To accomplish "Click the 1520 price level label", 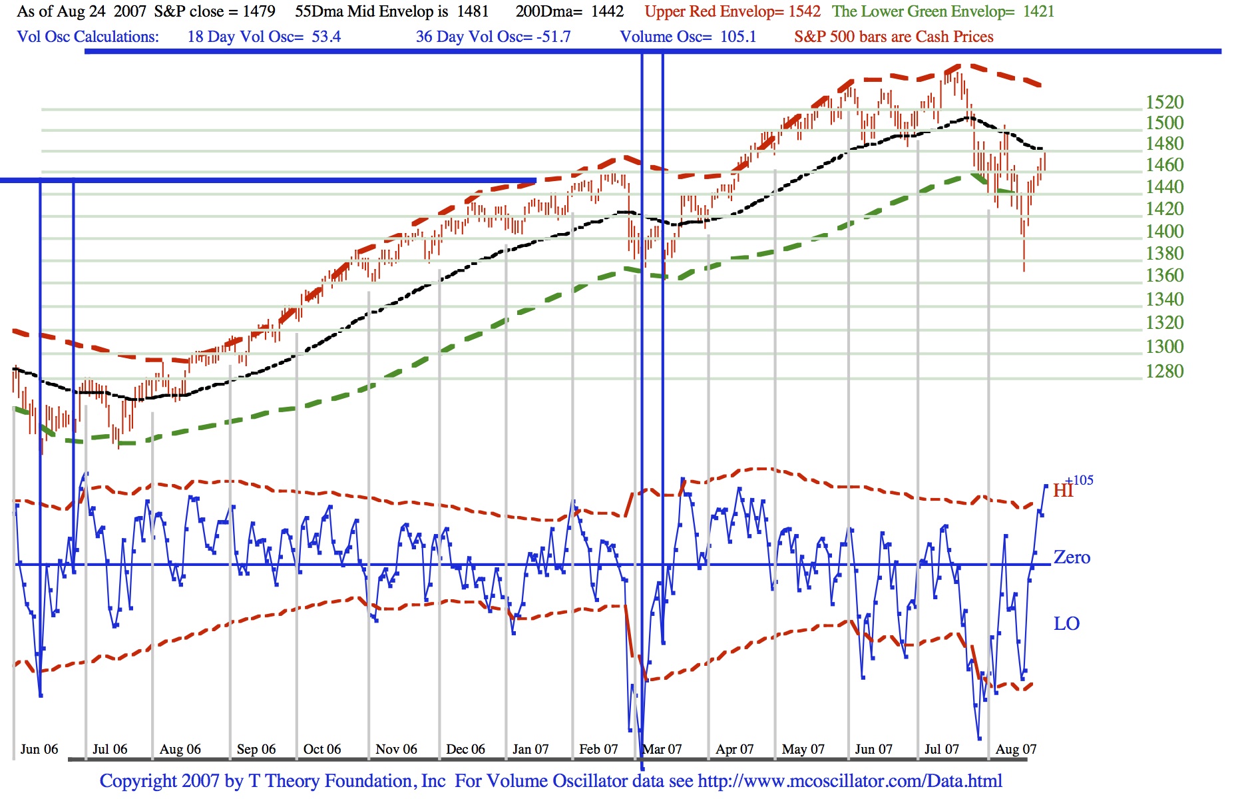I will (1164, 102).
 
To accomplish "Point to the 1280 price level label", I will (1164, 371).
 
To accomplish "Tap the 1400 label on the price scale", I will (1164, 231).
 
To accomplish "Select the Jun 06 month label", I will (39, 749).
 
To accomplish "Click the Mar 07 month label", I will (663, 749).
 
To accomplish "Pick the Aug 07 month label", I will (1016, 749).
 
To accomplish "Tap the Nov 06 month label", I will (396, 749).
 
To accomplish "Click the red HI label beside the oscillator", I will (1062, 491).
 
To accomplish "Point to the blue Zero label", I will (1072, 557).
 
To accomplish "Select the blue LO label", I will (1066, 624).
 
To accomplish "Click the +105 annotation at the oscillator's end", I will (1080, 480).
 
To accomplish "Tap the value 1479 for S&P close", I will (259, 11).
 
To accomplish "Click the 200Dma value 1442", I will (607, 11).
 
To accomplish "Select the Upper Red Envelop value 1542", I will (804, 11).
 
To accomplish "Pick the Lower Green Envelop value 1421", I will (1038, 11).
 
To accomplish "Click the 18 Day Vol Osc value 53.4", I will (326, 37).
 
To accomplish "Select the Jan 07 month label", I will (530, 749).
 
